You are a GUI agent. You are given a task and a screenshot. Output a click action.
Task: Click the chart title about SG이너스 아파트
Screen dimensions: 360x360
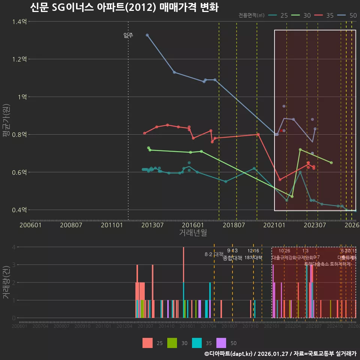pos(124,7)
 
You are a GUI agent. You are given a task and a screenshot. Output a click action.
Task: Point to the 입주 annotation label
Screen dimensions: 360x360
pos(128,36)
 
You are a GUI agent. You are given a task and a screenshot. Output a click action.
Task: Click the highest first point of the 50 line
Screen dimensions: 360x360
pos(147,35)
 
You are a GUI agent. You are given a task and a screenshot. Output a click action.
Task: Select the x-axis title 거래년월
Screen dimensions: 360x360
pos(193,232)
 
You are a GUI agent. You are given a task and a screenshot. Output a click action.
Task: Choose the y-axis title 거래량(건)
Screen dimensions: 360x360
pos(6,282)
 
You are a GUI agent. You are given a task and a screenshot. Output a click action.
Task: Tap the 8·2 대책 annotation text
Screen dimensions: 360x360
pos(214,254)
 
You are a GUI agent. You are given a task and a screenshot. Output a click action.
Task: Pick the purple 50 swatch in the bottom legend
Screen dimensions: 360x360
pos(222,343)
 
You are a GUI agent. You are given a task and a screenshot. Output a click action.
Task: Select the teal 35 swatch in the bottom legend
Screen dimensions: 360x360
pos(197,343)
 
